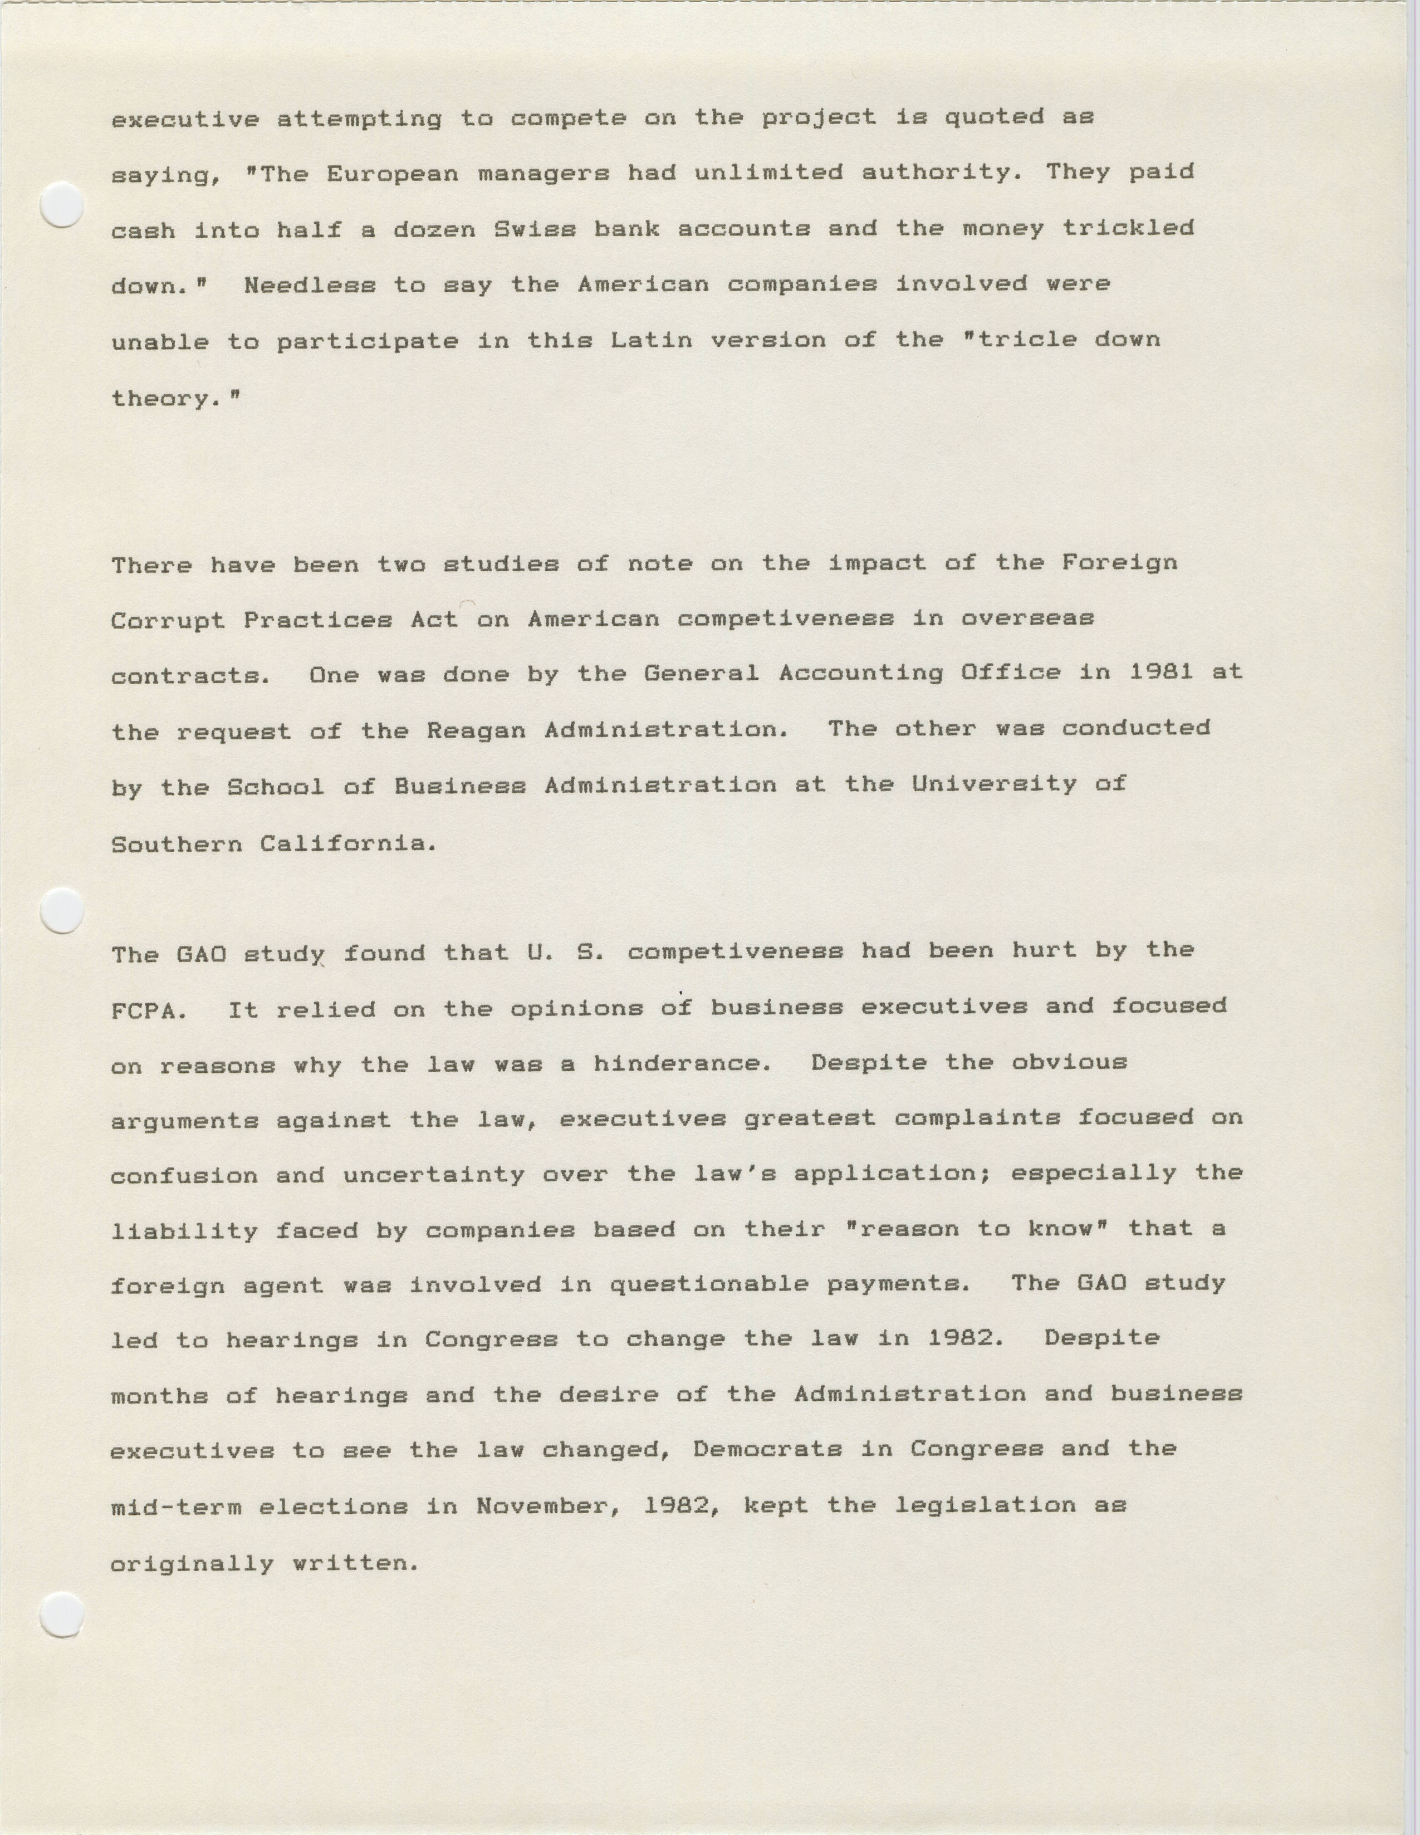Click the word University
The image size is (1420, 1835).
(993, 785)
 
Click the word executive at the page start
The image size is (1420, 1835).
(185, 119)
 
